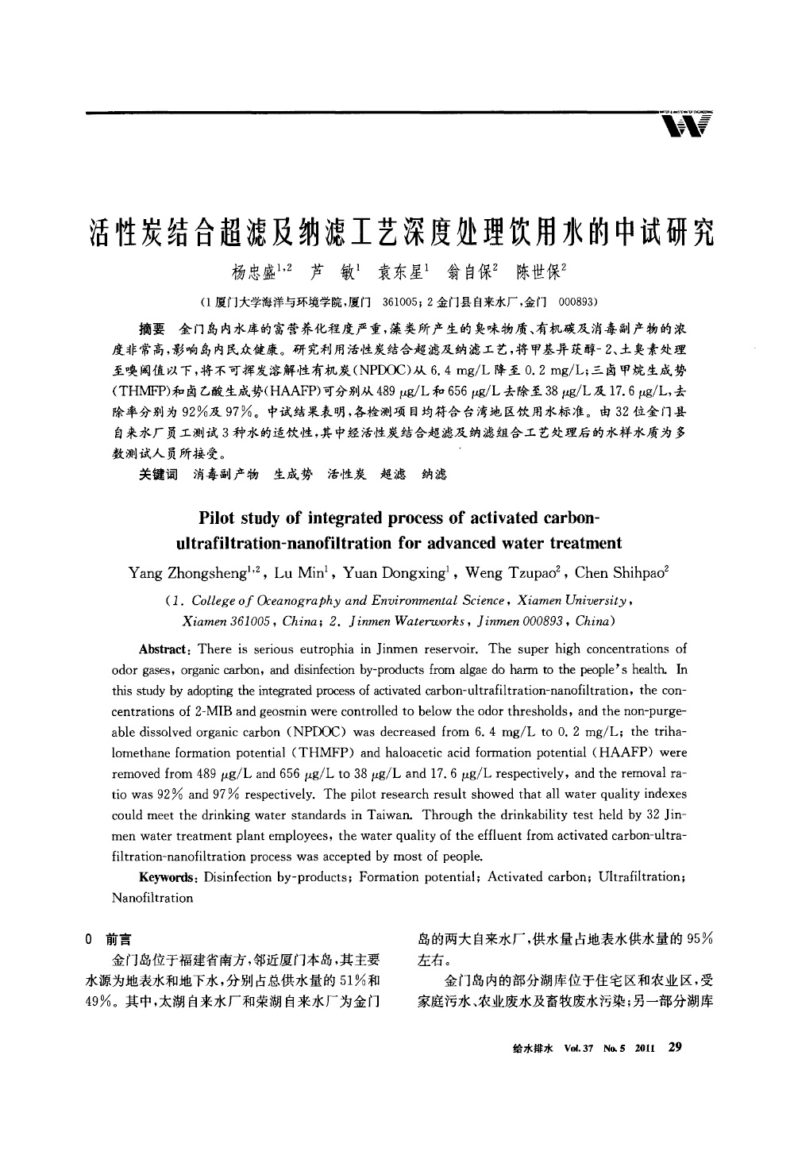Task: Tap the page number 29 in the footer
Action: point(676,1046)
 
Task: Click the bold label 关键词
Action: point(158,474)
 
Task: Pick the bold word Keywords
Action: point(168,876)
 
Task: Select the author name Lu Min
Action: point(299,572)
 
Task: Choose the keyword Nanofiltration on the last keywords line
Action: point(152,898)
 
